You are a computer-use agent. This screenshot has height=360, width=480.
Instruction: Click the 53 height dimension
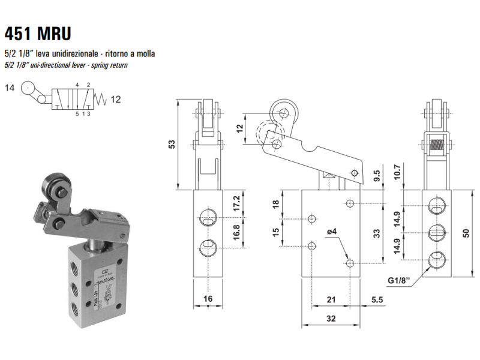pos(172,145)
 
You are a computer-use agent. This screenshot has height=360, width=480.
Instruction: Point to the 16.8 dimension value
pos(237,232)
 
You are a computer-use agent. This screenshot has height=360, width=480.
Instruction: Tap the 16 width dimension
pos(208,298)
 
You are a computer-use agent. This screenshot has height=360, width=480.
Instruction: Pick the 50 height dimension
pos(466,232)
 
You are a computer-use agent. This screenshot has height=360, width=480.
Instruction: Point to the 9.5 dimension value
pos(377,176)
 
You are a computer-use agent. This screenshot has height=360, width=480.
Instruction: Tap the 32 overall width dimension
pos(331,319)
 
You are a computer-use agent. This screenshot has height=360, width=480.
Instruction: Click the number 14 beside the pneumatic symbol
pos(10,89)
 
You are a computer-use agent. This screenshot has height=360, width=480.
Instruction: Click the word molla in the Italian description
pos(146,53)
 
